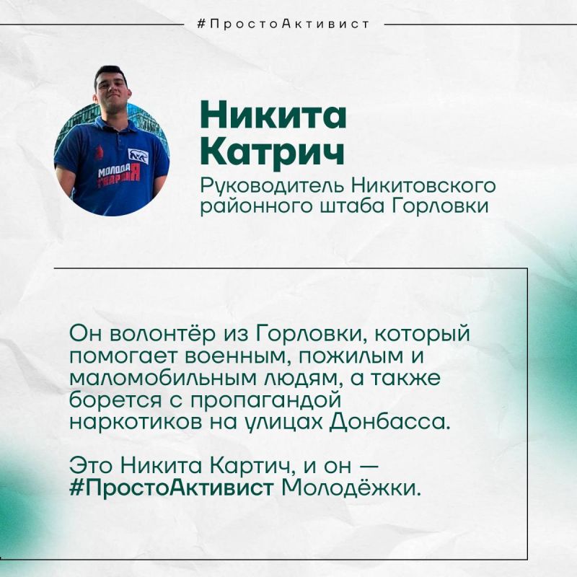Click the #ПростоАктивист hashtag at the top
click(x=283, y=25)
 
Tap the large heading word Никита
click(x=273, y=115)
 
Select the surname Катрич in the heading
click(x=273, y=151)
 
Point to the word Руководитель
click(x=272, y=186)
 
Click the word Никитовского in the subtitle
click(x=423, y=186)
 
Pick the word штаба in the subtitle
click(x=353, y=206)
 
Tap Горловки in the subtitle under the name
click(x=440, y=206)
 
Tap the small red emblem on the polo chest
click(x=99, y=152)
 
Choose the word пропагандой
click(x=265, y=401)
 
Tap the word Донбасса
click(x=389, y=423)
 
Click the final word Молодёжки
click(x=351, y=488)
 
